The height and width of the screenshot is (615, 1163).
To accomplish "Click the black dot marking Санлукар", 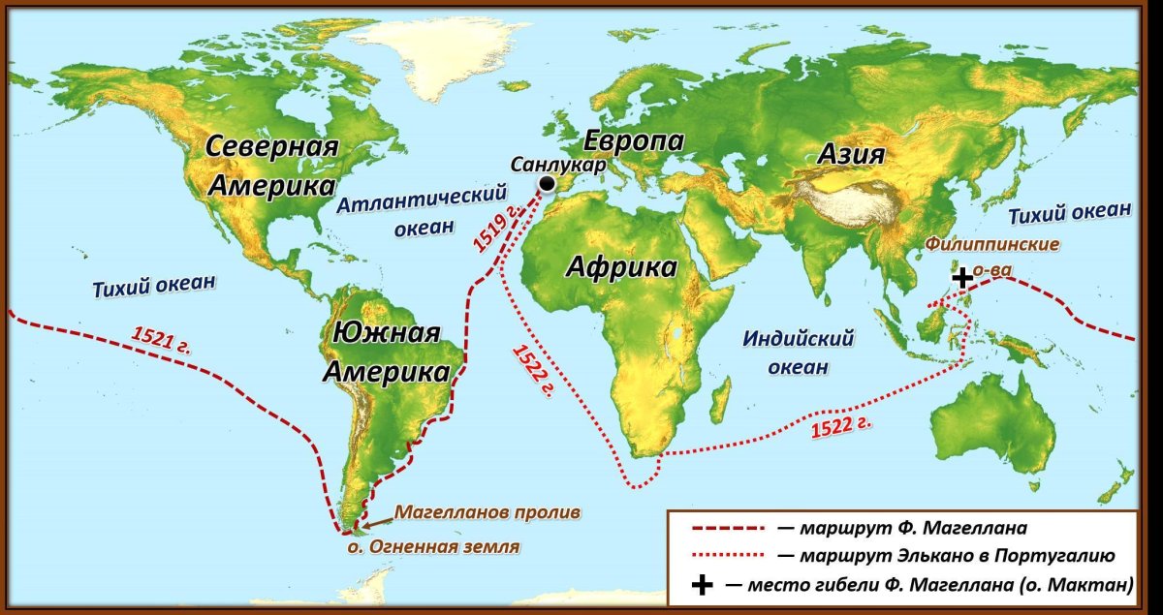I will point(548,184).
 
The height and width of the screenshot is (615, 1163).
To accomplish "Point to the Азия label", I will point(851,154).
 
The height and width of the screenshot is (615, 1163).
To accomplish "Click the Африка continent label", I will point(622,266).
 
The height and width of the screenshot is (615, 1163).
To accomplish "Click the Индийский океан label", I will point(798,353).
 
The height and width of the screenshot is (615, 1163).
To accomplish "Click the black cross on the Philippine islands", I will point(961,278).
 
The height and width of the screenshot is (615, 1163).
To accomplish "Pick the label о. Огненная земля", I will point(433,547).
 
